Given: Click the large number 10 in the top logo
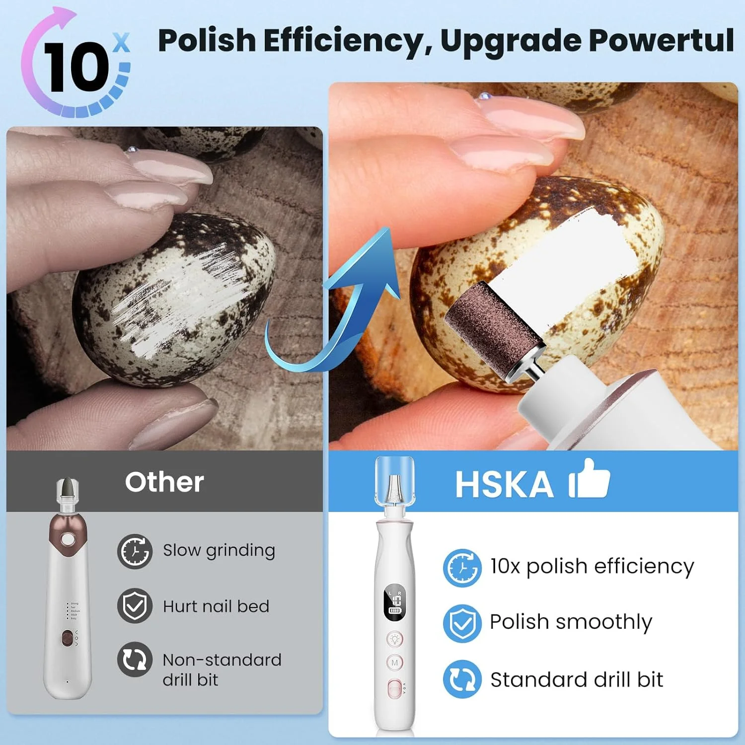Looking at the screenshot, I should [x=74, y=67].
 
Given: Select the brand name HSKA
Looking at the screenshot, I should [x=504, y=484].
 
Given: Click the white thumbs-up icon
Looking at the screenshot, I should [x=590, y=479].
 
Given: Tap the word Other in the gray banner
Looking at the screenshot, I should [x=164, y=482].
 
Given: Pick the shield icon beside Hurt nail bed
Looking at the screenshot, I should [x=135, y=606].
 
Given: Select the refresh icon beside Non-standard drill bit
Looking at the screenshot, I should [x=135, y=660].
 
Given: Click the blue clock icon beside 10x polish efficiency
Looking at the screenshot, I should [x=462, y=567].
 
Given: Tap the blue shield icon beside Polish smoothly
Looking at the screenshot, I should [x=462, y=623].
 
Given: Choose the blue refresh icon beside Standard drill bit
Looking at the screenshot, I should [x=462, y=679].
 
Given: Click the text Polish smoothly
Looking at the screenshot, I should [x=571, y=622].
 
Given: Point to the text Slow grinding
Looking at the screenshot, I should [x=219, y=550].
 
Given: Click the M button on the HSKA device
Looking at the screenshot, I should [x=395, y=663].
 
